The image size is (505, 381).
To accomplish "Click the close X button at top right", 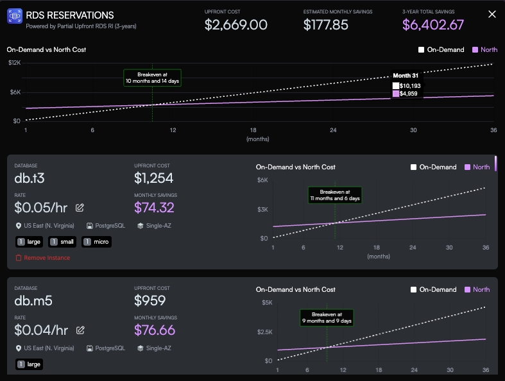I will click(x=492, y=14).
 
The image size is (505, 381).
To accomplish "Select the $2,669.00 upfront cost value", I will click(x=236, y=25).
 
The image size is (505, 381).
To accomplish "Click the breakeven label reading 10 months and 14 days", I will click(x=153, y=78).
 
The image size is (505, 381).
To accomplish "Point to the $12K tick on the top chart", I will click(x=15, y=63).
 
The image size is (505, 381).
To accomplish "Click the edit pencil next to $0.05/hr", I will click(x=80, y=207).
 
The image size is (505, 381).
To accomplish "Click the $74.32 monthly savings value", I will click(x=154, y=207).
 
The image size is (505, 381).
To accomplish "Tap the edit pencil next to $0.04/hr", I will click(x=80, y=330).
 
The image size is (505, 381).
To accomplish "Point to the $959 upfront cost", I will click(x=150, y=300).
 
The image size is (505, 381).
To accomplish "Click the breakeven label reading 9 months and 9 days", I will click(x=327, y=317).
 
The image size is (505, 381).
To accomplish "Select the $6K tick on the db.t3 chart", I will click(x=262, y=180).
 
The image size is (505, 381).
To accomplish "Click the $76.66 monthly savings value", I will click(x=155, y=330).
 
